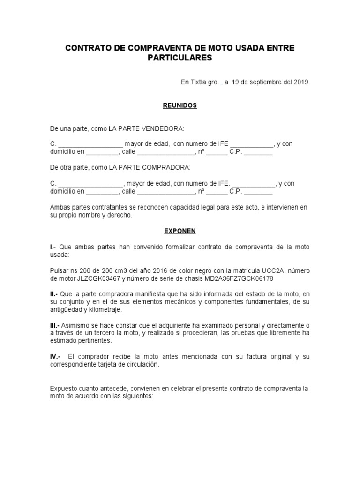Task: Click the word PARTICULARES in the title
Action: click(180, 58)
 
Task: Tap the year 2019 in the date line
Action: click(301, 82)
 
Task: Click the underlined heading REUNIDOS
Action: click(180, 105)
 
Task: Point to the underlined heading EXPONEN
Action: click(180, 231)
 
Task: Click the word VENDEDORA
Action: click(164, 128)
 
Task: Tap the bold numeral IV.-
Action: click(56, 357)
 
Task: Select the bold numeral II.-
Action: click(55, 294)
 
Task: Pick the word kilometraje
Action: click(104, 310)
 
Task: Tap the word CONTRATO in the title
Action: click(88, 48)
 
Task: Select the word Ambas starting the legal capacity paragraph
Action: click(60, 207)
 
